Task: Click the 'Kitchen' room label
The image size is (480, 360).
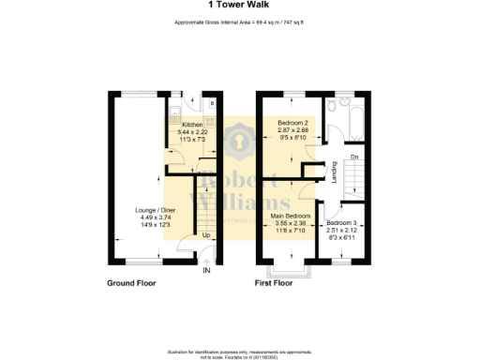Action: pos(192,125)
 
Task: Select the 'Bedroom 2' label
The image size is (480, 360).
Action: pos(294,124)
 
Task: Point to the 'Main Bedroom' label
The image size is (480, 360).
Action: pos(292,215)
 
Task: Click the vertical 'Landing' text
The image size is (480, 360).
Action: pos(335,172)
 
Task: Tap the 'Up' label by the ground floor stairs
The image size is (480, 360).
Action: pos(205,235)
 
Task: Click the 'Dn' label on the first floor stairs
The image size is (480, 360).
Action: pos(354,156)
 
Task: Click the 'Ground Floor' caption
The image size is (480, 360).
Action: pos(132,281)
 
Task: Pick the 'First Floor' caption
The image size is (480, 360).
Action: pos(277,281)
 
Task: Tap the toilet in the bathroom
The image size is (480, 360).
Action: pos(345,102)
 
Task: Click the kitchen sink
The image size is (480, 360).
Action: pos(175,116)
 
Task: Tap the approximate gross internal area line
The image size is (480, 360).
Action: pos(240,22)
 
